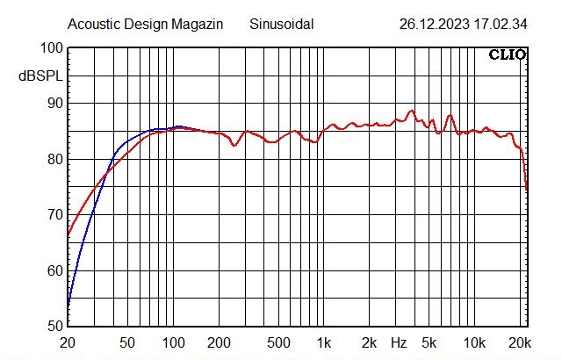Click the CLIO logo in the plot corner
click(508, 54)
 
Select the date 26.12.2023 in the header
click(434, 25)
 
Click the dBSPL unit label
click(40, 76)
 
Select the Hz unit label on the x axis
click(399, 342)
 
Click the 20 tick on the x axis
click(67, 342)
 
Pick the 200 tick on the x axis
click(219, 342)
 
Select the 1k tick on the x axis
click(324, 342)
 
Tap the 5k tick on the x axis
click(429, 342)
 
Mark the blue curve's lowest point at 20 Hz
click(68, 306)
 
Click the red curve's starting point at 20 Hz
click(68, 235)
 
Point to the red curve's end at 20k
click(527, 189)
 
